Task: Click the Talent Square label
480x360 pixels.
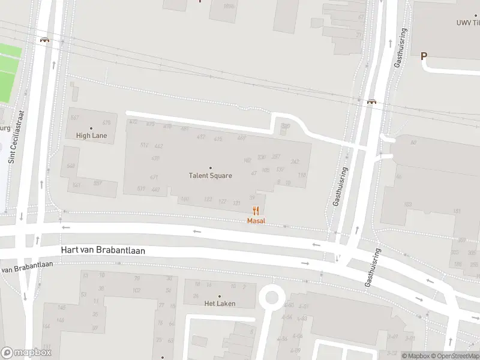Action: pyautogui.click(x=211, y=176)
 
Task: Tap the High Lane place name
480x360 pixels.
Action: pyautogui.click(x=91, y=136)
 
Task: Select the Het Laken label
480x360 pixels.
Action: pyautogui.click(x=220, y=304)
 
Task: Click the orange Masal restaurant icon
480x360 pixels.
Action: pyautogui.click(x=256, y=211)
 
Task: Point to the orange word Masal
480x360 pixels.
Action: pyautogui.click(x=256, y=221)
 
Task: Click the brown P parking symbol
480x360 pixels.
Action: pyautogui.click(x=424, y=56)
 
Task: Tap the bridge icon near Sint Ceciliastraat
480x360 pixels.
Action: pyautogui.click(x=45, y=40)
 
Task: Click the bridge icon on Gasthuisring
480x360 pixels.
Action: pyautogui.click(x=371, y=101)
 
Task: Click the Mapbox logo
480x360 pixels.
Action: pyautogui.click(x=26, y=353)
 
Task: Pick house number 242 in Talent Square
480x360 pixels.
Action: pyautogui.click(x=295, y=161)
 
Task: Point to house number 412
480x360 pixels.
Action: pyautogui.click(x=200, y=137)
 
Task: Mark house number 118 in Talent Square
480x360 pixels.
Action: pyautogui.click(x=302, y=175)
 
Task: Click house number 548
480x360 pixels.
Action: pyautogui.click(x=71, y=166)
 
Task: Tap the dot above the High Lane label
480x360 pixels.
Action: pyautogui.click(x=91, y=128)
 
